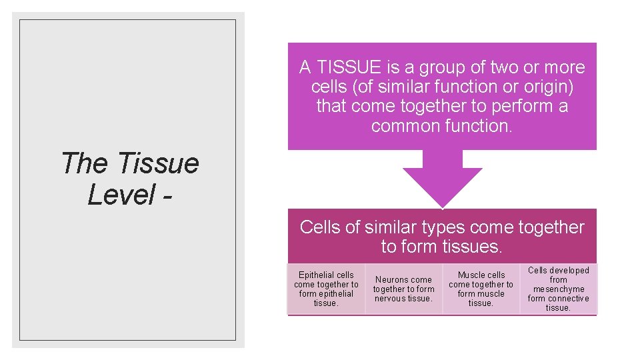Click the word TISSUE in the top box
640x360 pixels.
coord(349,68)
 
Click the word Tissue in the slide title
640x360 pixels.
coord(158,163)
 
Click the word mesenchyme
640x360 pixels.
coord(559,289)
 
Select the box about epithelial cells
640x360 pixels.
coord(326,289)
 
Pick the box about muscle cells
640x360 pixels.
coord(481,289)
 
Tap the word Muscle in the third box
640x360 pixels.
coord(471,275)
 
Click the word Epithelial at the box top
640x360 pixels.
coord(317,275)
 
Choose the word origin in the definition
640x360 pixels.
coord(543,87)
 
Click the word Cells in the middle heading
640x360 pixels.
coord(319,227)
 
